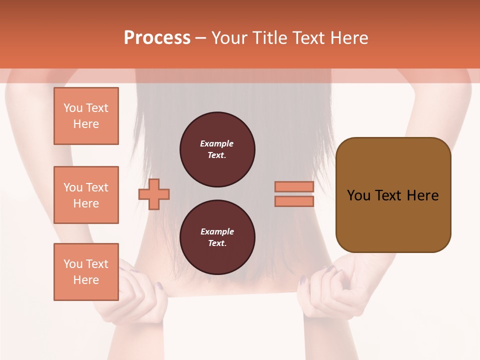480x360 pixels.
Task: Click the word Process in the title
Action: pos(157,38)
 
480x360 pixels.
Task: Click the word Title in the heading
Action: pos(269,38)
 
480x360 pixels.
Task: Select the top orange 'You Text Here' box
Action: pos(86,116)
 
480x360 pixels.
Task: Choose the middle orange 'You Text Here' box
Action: pos(86,195)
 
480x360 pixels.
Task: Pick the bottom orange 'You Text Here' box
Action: pos(86,272)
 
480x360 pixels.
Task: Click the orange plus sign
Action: pos(154,194)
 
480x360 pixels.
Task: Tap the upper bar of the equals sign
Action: pos(294,186)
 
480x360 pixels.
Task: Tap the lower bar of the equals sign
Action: pos(294,201)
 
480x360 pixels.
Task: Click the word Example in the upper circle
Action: pos(217,143)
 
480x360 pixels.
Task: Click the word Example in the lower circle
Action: pos(217,231)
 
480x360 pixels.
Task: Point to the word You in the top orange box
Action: pos(72,108)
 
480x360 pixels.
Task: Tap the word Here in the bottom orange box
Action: pos(86,280)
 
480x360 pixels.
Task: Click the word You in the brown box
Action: pos(358,195)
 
